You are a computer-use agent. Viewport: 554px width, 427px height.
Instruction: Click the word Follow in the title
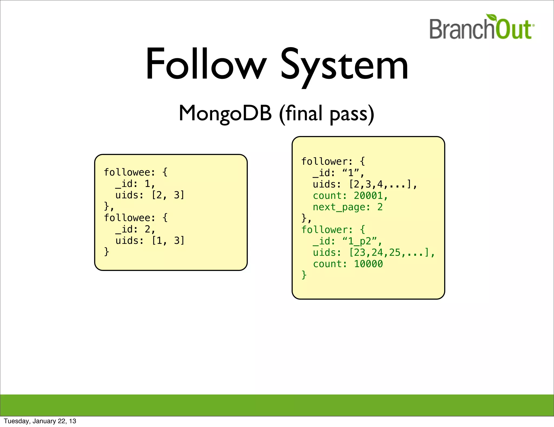pos(206,64)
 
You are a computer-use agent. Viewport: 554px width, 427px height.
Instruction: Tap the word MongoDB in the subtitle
pos(225,113)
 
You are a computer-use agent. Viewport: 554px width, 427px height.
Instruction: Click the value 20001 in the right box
pos(368,196)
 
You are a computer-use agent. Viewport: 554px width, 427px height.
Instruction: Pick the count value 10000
pos(368,264)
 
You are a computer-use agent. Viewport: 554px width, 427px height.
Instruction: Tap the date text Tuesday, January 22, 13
pos(40,421)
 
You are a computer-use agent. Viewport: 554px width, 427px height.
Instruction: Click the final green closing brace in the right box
pos(304,275)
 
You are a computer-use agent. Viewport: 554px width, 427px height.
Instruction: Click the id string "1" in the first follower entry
pos(351,173)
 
